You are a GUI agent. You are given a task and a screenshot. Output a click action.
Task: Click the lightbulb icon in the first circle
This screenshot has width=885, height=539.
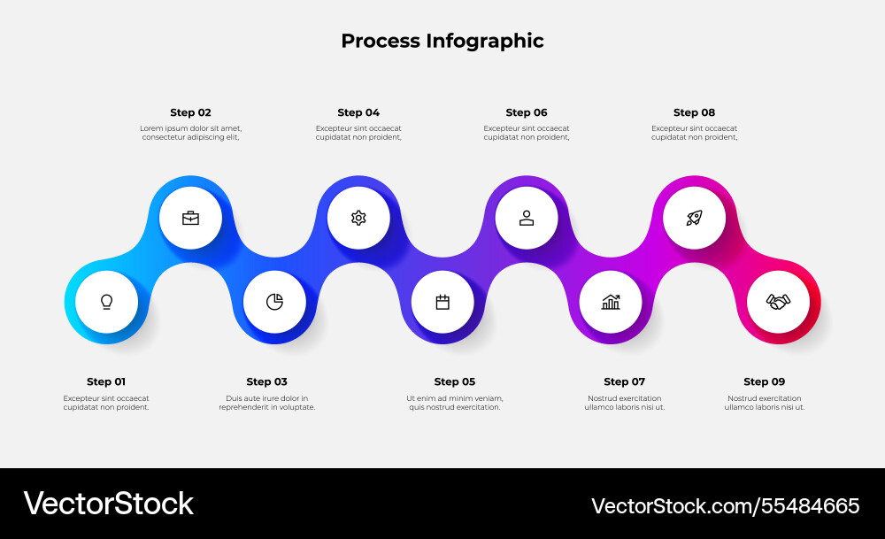[x=106, y=302]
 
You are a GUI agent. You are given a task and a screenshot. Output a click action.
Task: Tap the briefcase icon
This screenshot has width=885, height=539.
[x=190, y=218]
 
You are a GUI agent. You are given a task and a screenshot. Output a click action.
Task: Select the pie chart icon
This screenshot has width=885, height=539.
[x=274, y=302]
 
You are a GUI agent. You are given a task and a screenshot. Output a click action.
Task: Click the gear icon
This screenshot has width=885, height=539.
[x=358, y=218]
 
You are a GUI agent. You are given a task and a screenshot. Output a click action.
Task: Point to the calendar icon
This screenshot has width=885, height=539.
[x=442, y=302]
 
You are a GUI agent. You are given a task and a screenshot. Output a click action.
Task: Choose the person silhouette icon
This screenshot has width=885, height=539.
[x=527, y=218]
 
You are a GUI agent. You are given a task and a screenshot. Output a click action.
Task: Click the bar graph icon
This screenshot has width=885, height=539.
[x=611, y=302]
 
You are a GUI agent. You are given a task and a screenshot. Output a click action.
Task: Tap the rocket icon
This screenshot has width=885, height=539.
[x=695, y=218]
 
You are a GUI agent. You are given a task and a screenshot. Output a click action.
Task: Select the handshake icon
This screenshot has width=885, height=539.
[x=778, y=302]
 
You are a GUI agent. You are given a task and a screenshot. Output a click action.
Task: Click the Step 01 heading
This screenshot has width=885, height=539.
[x=106, y=381]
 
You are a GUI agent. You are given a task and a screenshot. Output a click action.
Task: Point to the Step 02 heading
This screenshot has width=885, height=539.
[x=190, y=112]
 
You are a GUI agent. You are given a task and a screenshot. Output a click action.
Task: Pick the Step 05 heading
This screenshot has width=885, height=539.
[x=455, y=381]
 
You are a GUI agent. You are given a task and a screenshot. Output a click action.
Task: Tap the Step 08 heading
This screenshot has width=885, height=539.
[x=694, y=112]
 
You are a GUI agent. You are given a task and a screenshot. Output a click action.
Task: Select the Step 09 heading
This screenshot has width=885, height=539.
[x=764, y=381]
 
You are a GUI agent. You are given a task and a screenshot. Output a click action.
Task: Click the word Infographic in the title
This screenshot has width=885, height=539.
[x=485, y=41]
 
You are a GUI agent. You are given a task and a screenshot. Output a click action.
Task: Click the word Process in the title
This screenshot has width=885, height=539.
[x=381, y=41]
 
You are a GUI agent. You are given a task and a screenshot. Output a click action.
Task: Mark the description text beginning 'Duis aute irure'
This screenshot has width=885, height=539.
[x=267, y=403]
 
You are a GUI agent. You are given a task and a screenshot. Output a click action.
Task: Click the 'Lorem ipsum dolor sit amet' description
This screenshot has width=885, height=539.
[x=190, y=133]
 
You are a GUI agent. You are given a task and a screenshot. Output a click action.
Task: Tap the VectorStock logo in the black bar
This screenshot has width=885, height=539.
[x=108, y=504]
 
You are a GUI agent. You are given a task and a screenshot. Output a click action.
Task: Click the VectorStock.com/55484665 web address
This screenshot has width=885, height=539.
[x=725, y=505]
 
